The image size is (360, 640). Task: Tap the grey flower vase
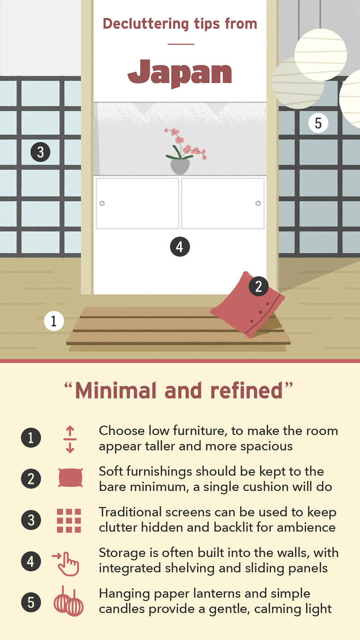[x=180, y=166]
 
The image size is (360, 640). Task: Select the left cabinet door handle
[x=102, y=203]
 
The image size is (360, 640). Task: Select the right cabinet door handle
[x=258, y=203]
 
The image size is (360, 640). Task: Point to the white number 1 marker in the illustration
[x=54, y=321]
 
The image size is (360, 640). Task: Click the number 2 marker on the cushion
[x=259, y=286]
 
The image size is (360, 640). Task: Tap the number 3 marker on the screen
[x=40, y=152]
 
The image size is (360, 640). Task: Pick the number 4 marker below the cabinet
[x=180, y=247]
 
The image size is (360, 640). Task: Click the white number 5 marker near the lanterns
[x=318, y=123]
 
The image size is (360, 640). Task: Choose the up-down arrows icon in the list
[x=70, y=439]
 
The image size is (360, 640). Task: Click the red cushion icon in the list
[x=70, y=478]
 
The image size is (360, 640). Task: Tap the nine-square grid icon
[x=69, y=521]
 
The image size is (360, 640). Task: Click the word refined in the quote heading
[x=246, y=390]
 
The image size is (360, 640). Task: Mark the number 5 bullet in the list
[x=31, y=602]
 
